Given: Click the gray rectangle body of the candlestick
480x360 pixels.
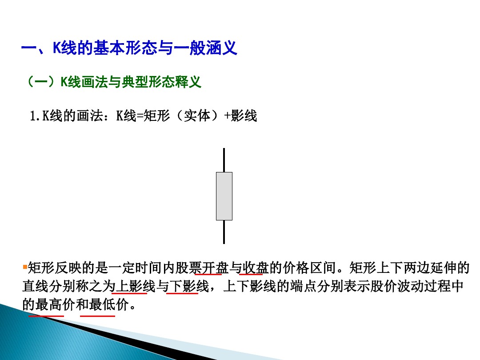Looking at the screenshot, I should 224,196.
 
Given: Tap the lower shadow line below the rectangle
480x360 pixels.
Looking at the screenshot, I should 224,232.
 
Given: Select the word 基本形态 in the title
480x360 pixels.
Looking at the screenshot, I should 123,48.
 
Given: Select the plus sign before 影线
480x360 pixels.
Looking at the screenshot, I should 227,116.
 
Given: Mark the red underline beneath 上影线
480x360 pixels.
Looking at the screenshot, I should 130,293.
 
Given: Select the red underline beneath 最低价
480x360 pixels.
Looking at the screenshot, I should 97,316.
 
